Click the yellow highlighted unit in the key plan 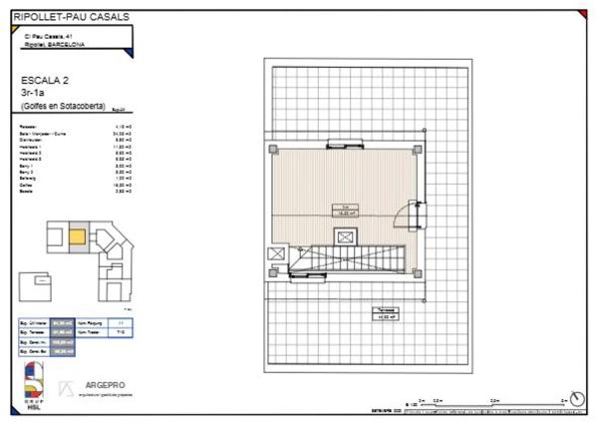click(77, 237)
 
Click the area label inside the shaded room click(344, 210)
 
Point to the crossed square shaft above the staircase click(345, 236)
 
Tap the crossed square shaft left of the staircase click(275, 255)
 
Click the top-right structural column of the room click(417, 150)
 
